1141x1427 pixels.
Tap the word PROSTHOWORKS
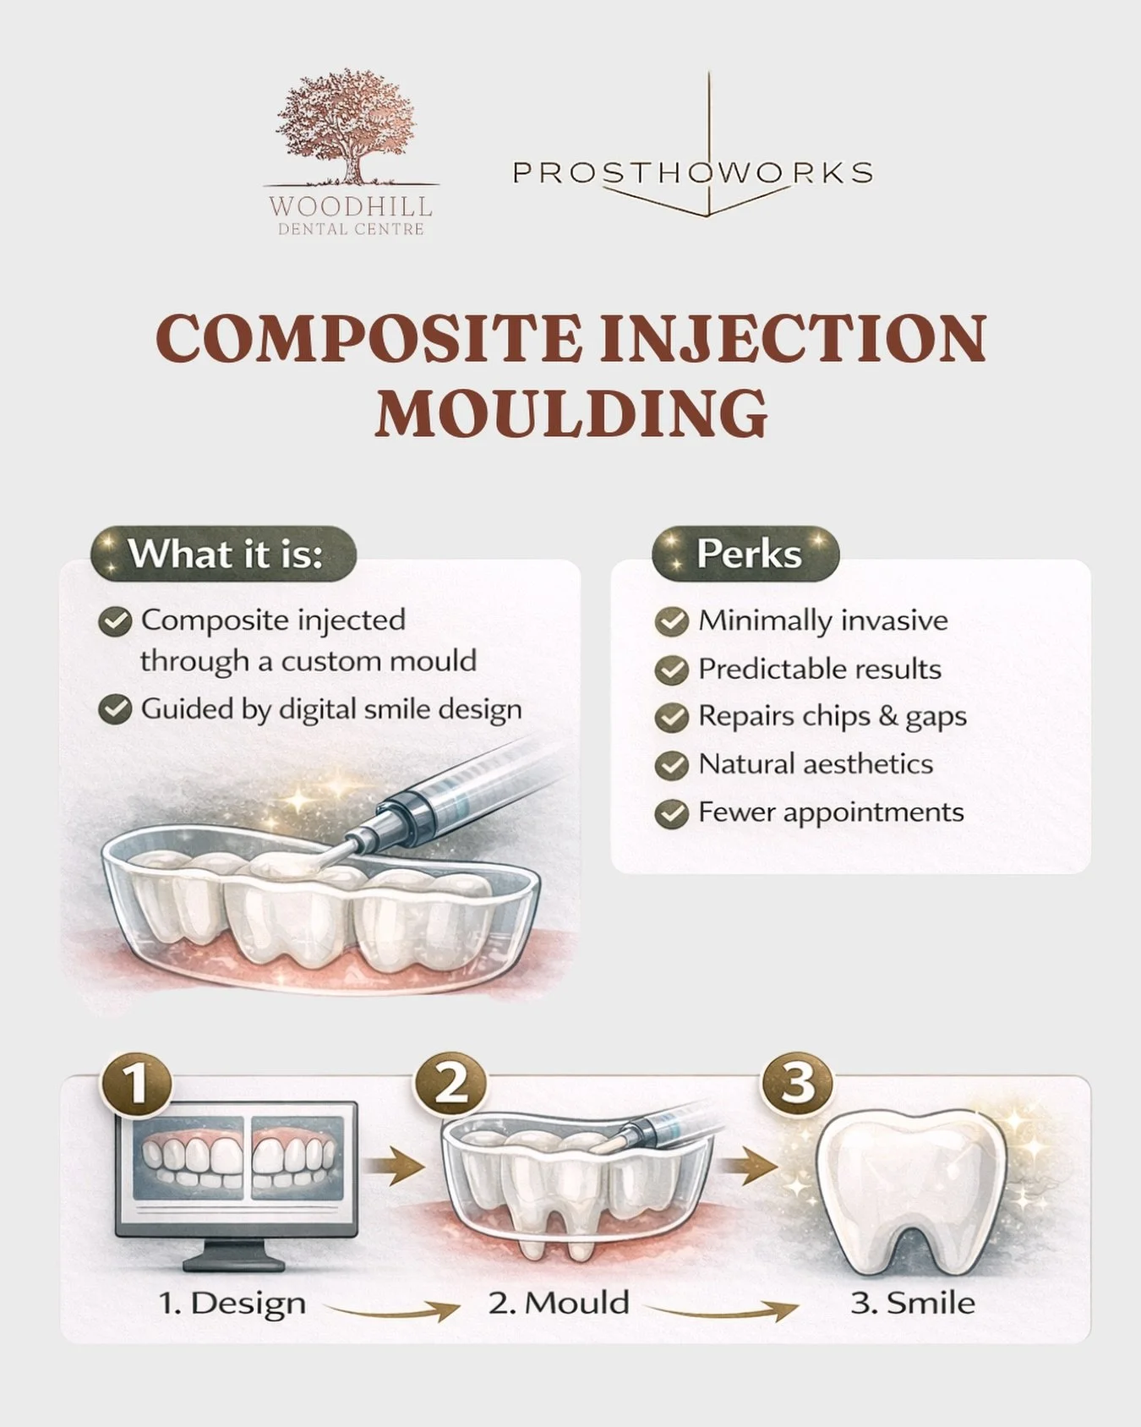(692, 172)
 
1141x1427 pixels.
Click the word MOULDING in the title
(571, 413)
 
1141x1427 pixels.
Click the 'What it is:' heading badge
(224, 555)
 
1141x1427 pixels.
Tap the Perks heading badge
(746, 555)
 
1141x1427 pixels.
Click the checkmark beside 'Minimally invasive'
(671, 621)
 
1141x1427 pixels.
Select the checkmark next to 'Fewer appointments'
(671, 813)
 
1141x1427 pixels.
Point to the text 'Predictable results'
(819, 670)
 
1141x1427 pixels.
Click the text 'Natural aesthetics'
(815, 764)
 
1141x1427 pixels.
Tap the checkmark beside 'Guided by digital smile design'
(115, 709)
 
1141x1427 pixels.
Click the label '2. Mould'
(559, 1303)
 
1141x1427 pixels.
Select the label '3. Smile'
(912, 1303)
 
